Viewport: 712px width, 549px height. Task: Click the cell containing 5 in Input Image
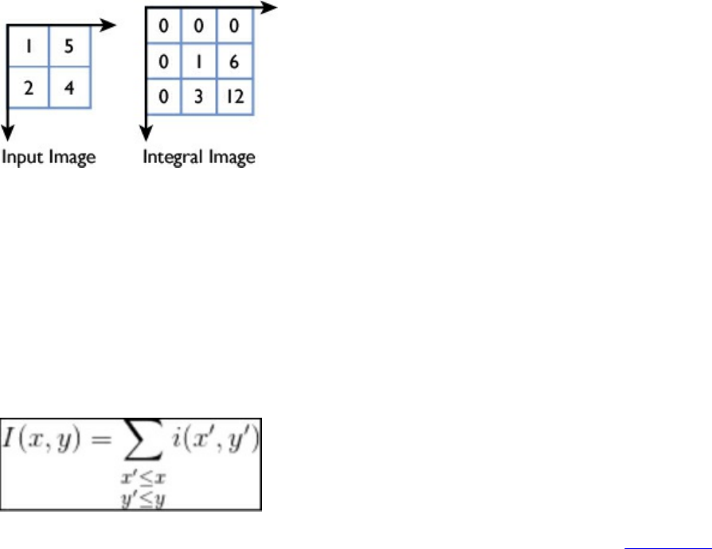point(69,46)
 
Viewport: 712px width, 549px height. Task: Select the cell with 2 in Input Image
point(28,88)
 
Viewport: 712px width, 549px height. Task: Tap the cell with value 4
point(69,88)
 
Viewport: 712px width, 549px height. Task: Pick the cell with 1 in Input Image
point(28,46)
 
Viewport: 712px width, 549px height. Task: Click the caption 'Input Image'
point(49,157)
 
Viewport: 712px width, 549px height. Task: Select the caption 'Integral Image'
point(199,157)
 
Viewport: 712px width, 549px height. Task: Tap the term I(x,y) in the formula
point(47,438)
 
